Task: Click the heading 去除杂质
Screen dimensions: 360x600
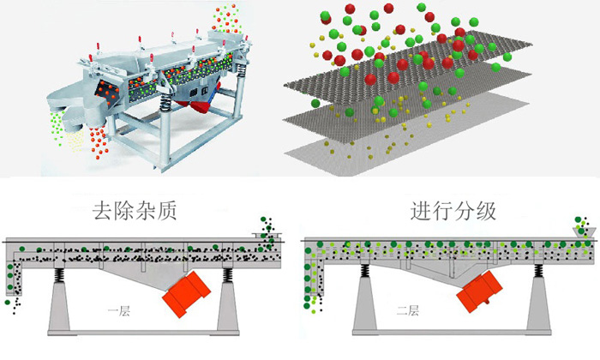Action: tap(136, 210)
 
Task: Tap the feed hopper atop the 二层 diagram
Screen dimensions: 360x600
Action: tap(583, 228)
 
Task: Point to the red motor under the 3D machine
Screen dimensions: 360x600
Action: tap(203, 104)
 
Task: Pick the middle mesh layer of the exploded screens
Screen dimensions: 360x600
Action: tap(394, 116)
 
